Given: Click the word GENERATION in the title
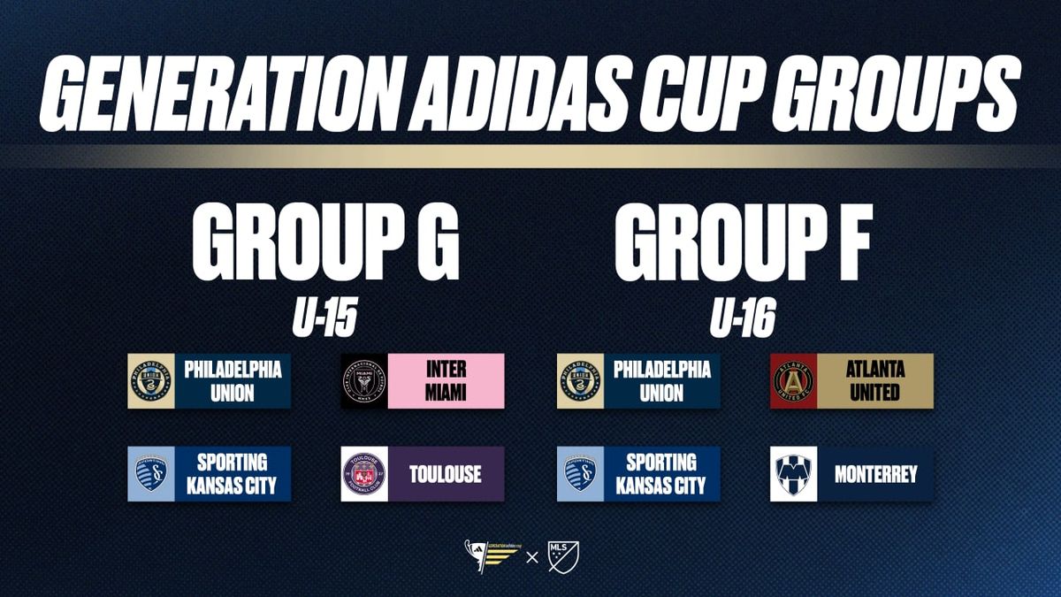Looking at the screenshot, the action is point(223,94).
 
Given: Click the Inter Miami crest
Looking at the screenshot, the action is point(364,381).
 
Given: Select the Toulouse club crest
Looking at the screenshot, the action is point(364,474).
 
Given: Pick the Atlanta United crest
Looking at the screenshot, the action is point(793,381).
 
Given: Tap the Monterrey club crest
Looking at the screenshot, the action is point(793,474).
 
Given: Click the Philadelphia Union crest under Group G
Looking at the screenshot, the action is point(151,381).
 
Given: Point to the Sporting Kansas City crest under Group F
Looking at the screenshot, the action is point(580,474).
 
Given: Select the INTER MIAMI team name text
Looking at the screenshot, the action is point(446,381).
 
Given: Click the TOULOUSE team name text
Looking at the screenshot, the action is point(446,474).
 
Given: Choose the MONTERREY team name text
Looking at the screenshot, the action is point(876,474).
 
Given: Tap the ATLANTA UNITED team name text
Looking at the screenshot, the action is point(875,381).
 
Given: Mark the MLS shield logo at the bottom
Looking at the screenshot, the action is point(563,557).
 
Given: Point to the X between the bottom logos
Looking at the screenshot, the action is point(532,558).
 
